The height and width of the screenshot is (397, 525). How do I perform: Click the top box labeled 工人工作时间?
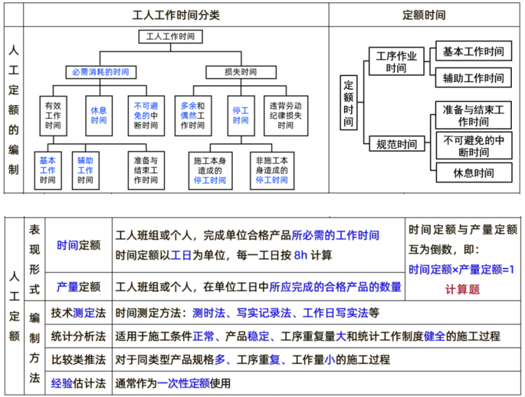point(171,37)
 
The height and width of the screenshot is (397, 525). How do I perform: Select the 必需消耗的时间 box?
point(100,72)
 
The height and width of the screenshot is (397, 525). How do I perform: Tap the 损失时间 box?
point(230,72)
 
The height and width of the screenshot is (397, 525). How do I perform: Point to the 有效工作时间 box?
point(52,115)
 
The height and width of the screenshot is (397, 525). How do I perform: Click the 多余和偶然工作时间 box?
point(192,115)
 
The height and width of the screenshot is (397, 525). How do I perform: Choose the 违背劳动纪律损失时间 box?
point(285,115)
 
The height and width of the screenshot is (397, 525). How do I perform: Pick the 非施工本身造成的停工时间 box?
point(271,170)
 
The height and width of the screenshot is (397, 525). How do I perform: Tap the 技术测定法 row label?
point(78,313)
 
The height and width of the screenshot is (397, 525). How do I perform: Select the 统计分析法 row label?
point(78,336)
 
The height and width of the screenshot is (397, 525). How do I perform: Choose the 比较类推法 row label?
point(78,360)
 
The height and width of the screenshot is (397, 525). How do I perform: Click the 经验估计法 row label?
point(78,383)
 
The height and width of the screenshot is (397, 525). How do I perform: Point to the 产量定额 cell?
point(78,287)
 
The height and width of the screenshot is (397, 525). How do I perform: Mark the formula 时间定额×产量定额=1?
point(462,269)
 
